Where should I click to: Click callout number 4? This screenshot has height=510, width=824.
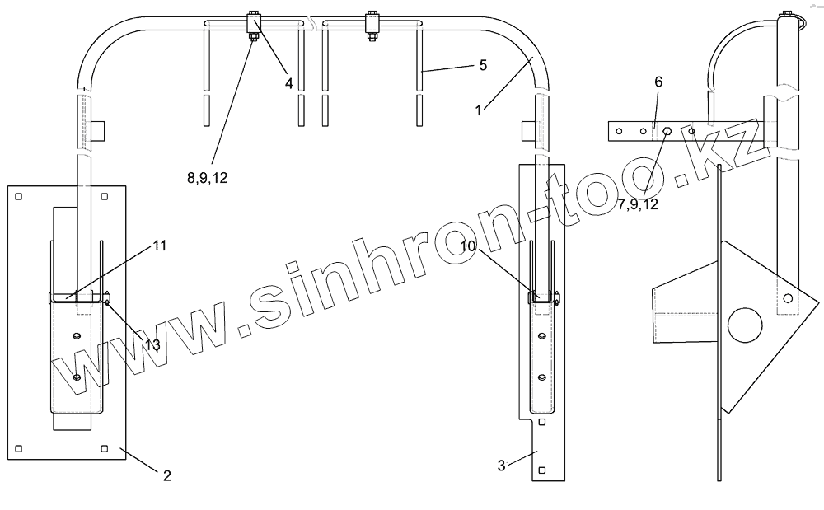(x=288, y=83)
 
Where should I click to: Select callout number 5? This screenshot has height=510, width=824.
(x=483, y=65)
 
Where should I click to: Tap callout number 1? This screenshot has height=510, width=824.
(x=478, y=110)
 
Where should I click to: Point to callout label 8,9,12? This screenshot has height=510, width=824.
(x=208, y=178)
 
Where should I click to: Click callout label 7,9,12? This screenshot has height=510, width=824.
(x=638, y=204)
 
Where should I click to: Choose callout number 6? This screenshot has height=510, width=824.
(x=658, y=82)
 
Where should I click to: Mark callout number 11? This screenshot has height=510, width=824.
(x=160, y=246)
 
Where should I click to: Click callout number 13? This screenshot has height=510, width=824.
(x=152, y=344)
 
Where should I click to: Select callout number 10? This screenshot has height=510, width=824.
(x=468, y=246)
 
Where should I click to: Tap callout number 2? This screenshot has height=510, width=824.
(x=167, y=475)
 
